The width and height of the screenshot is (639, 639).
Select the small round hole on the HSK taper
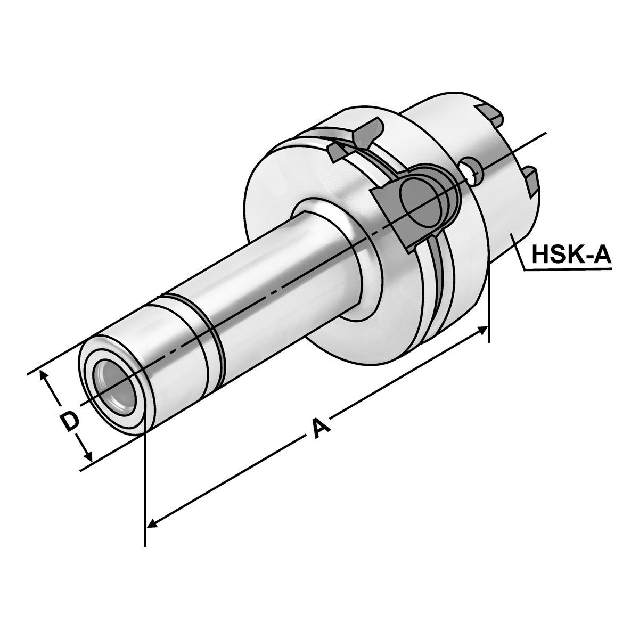pos(471,168)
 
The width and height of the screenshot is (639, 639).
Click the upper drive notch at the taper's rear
pos(490,113)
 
